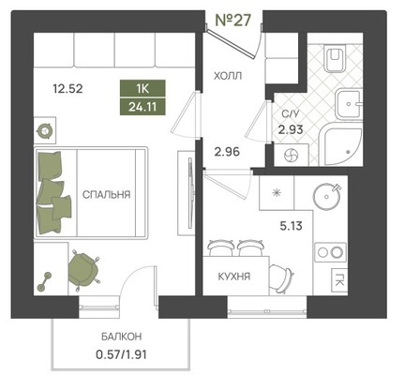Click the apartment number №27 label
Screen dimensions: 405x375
[233, 21]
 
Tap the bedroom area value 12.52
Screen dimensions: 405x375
[67, 89]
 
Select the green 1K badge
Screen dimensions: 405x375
[142, 89]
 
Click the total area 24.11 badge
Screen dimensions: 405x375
[142, 107]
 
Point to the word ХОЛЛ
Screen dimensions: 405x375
[228, 76]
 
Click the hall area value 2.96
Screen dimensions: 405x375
[227, 152]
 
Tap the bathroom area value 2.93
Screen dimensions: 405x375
[291, 129]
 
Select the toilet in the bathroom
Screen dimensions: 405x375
[336, 58]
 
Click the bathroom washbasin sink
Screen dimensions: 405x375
[350, 104]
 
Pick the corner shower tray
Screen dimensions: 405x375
[342, 144]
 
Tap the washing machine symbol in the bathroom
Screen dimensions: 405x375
[292, 155]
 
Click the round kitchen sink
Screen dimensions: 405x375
[326, 196]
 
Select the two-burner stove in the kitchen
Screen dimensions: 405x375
[331, 252]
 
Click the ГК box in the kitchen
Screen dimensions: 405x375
[339, 279]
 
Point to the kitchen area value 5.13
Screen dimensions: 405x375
[291, 226]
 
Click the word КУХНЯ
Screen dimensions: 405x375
[234, 277]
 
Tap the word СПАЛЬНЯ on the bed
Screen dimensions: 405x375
[106, 195]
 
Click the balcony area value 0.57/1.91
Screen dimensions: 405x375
[121, 354]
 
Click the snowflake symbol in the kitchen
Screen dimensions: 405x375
[277, 192]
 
